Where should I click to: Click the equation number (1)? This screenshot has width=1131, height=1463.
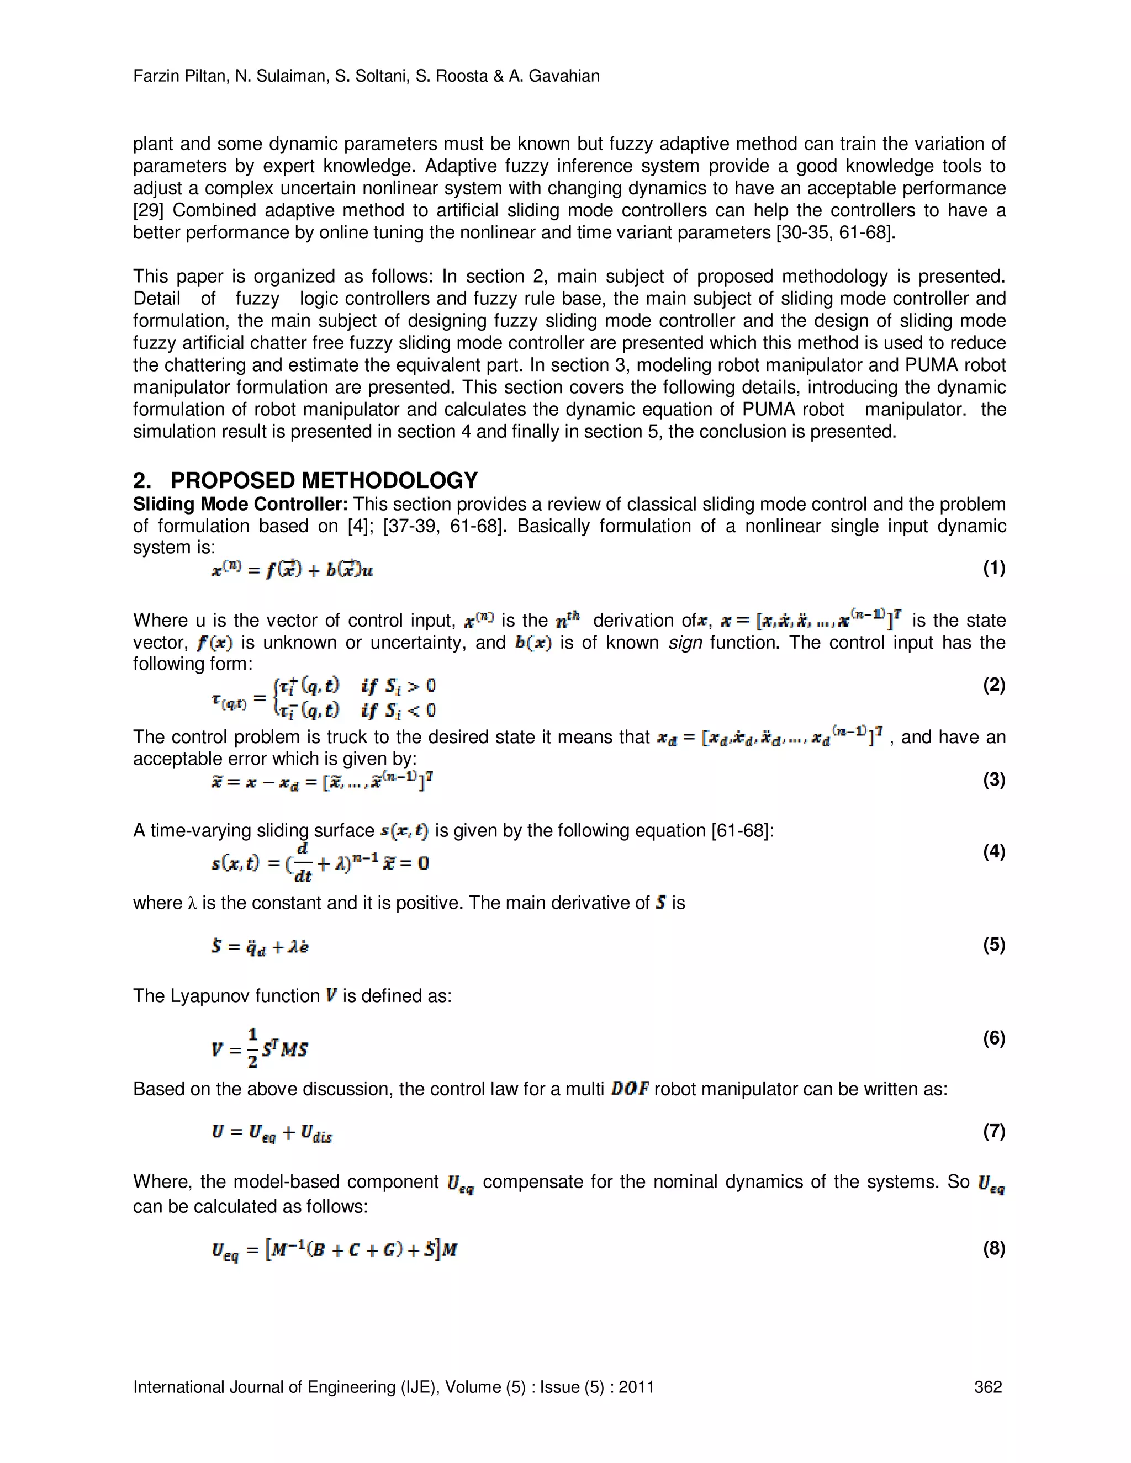click(993, 569)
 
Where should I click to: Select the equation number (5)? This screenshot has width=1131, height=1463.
click(993, 945)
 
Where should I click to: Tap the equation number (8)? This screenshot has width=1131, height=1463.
click(993, 1249)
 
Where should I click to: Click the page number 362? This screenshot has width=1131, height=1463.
click(987, 1387)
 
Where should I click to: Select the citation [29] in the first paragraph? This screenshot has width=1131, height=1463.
click(148, 210)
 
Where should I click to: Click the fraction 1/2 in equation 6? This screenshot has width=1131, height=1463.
click(252, 1048)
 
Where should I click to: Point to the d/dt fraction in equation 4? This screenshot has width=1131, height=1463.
click(302, 863)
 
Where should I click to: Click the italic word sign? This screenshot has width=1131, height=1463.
click(685, 643)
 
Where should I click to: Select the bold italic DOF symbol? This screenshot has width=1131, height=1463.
click(629, 1089)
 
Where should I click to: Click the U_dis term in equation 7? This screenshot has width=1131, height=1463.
click(316, 1133)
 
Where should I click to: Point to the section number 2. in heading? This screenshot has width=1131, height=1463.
click(142, 480)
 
